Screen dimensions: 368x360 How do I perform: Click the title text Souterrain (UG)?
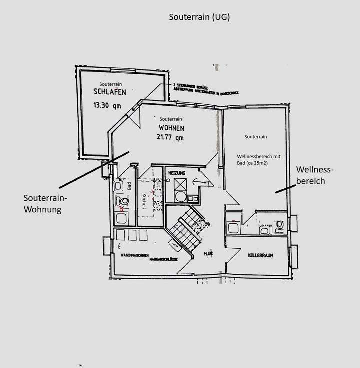pos(199,17)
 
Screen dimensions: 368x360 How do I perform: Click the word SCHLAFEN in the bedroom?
pos(109,92)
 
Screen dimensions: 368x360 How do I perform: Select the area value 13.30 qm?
pos(107,105)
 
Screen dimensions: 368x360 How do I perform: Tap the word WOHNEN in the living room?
pos(170,128)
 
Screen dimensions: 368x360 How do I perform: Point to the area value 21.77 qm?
pos(170,137)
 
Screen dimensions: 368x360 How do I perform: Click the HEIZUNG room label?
pos(178,173)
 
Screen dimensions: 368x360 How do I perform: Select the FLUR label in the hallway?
pos(208,254)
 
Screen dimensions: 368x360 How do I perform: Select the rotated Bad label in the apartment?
pos(129,186)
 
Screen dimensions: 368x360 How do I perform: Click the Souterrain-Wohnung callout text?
pos(46,203)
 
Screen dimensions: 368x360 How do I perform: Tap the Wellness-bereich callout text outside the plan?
pos(315,175)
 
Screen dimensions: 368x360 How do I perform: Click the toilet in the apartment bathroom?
pos(121,201)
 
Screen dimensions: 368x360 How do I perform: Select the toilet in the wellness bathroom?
pos(280,226)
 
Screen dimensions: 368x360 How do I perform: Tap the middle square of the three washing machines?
pos(131,235)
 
